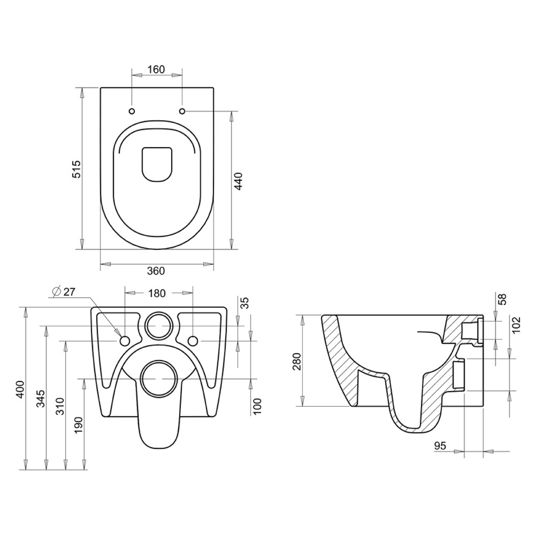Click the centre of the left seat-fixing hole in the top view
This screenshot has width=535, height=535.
click(132, 111)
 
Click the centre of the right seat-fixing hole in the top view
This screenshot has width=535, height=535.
click(182, 111)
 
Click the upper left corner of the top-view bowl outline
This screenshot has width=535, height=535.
click(101, 88)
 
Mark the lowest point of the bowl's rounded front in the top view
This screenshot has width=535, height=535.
click(157, 249)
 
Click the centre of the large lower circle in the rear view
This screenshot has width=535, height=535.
click(159, 379)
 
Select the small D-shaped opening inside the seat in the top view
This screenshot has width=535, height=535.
click(157, 165)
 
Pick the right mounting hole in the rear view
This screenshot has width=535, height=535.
click(193, 341)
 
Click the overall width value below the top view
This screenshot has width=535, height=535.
click(156, 271)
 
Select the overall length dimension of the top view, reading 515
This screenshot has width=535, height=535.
click(76, 169)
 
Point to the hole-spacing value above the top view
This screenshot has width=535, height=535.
click(156, 70)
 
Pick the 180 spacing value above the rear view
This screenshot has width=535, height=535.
click(157, 293)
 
